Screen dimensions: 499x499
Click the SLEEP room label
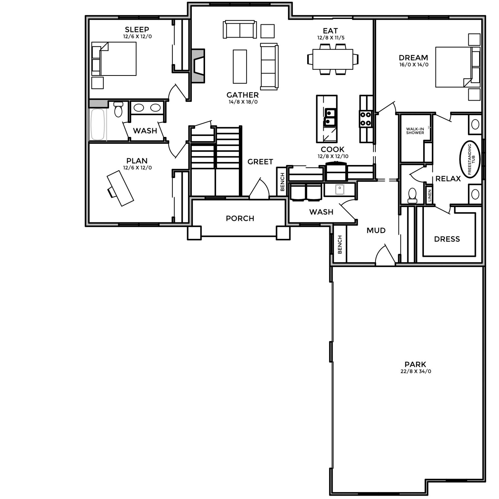point(137,29)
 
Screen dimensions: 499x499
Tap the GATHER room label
point(242,95)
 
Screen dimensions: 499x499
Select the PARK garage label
point(415,364)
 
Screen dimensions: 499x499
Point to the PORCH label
point(240,219)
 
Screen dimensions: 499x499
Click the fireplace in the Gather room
point(198,66)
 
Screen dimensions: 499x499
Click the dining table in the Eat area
point(333,59)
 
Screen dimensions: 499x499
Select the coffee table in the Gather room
point(240,67)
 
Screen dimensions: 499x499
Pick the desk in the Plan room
point(120,188)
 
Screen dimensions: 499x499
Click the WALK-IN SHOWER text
point(415,131)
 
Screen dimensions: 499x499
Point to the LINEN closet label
point(429,195)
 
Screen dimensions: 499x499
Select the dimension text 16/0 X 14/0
point(414,65)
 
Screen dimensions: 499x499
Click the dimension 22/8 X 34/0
point(416,371)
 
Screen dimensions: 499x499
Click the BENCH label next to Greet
point(283,182)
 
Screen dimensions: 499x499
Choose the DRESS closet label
point(447,239)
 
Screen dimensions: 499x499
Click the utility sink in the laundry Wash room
point(339,189)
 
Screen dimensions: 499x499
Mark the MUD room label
point(376,231)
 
